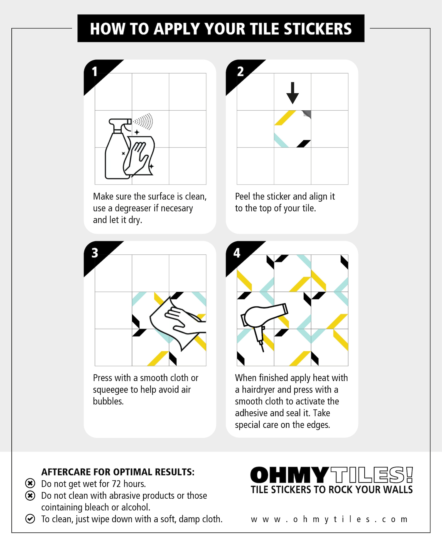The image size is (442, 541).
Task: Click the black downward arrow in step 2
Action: [x=293, y=93]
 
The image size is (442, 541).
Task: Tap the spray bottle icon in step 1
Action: [x=118, y=149]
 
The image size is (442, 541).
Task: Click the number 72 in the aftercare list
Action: [x=116, y=484]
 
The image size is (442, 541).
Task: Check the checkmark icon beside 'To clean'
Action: [x=30, y=519]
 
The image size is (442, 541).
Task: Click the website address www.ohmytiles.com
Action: [x=329, y=519]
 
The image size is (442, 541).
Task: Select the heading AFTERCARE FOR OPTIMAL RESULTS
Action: [x=118, y=472]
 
